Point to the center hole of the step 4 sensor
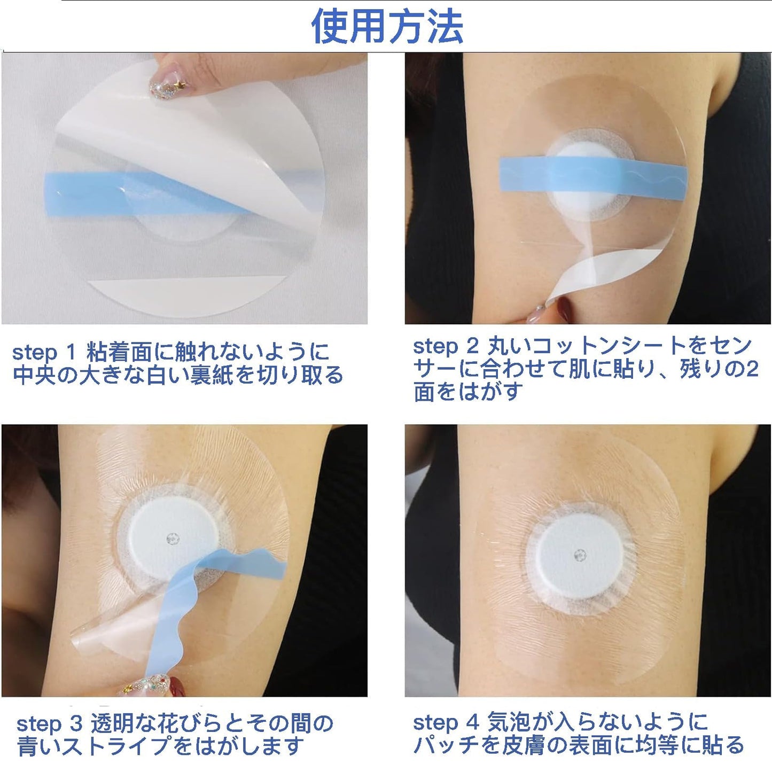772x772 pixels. (x=578, y=556)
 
